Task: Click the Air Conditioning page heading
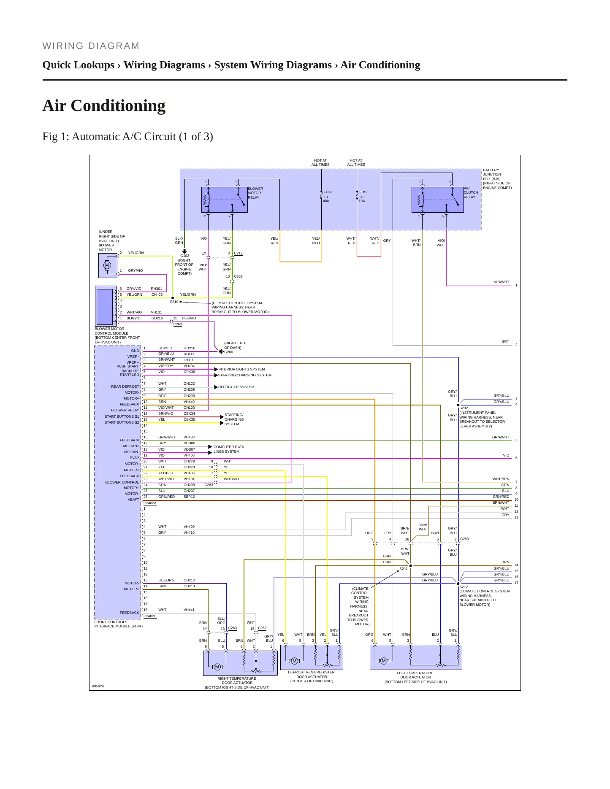tap(104, 105)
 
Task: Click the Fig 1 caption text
tap(127, 136)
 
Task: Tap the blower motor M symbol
tap(107, 265)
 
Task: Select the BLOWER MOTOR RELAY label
tap(255, 193)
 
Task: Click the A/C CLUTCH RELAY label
tap(471, 192)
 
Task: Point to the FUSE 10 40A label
tap(328, 196)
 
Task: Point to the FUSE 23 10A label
tap(363, 196)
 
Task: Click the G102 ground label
tap(185, 256)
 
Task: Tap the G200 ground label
tap(228, 352)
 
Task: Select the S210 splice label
tap(174, 302)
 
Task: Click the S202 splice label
tap(464, 408)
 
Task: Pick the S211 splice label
tap(404, 569)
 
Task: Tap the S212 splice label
tap(464, 587)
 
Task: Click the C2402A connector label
tap(150, 503)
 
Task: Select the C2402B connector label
tap(150, 616)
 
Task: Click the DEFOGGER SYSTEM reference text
tap(236, 387)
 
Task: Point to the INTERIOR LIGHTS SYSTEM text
tap(241, 369)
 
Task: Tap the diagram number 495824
tap(98, 686)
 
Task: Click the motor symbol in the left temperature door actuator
tap(384, 661)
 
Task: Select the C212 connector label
tap(239, 253)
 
